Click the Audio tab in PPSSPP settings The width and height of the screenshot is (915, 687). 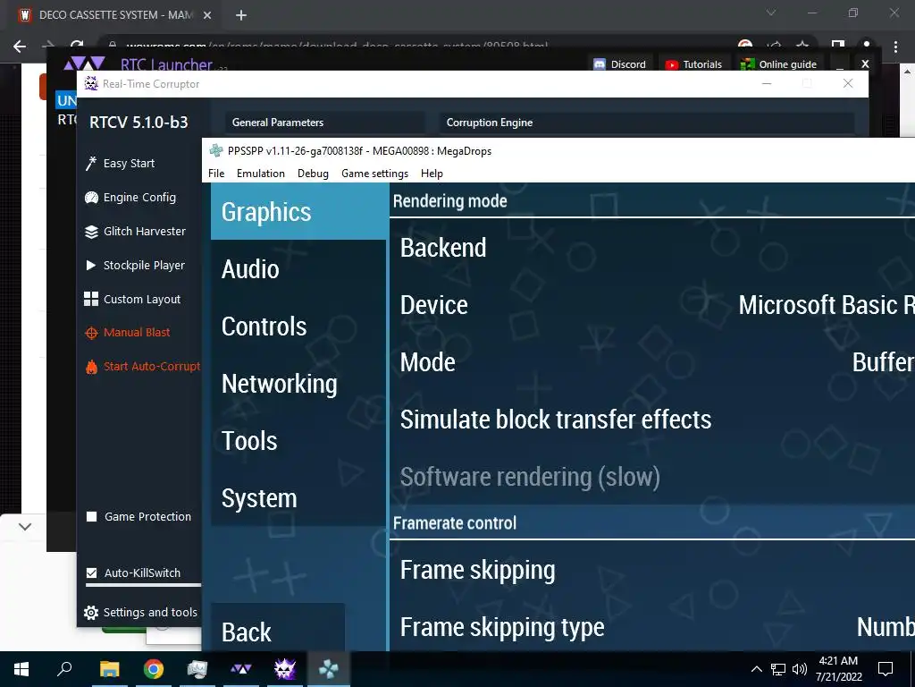pos(250,269)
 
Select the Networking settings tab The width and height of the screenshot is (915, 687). pos(279,384)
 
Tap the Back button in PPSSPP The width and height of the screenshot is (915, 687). pos(247,632)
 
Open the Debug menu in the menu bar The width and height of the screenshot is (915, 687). pos(313,174)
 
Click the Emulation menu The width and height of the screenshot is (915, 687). pos(260,174)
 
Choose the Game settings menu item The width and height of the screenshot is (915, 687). pos(374,174)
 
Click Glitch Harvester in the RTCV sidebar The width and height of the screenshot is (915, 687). pos(144,232)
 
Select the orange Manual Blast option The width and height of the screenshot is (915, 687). pos(136,333)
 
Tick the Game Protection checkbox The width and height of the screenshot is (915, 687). pos(91,517)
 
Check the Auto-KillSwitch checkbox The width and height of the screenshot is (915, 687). pos(91,573)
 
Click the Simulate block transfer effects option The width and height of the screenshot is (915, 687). pos(555,420)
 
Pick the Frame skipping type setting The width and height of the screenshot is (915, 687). pos(501,628)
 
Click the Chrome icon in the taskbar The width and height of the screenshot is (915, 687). pos(154,668)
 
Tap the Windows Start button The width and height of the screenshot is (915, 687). pos(21,668)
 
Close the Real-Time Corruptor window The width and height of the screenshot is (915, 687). pos(848,84)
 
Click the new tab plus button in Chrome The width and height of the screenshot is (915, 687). pos(241,15)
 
